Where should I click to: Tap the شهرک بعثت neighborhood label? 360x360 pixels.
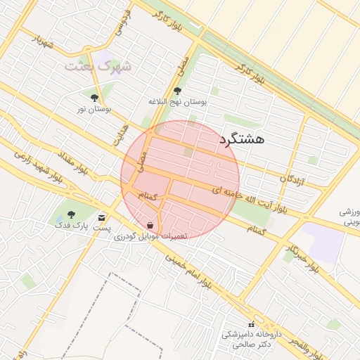(98, 66)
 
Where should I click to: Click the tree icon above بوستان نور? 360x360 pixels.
(94, 98)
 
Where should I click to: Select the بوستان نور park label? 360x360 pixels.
(95, 109)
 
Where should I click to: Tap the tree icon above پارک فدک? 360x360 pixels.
(70, 214)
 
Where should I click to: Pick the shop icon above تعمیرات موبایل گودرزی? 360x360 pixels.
(150, 225)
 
